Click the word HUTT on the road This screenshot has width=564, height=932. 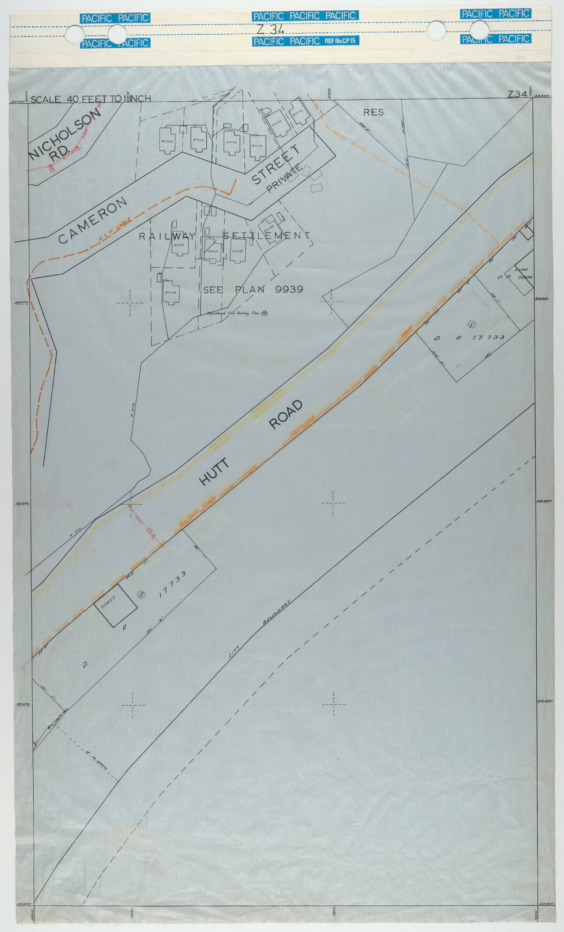pyautogui.click(x=214, y=471)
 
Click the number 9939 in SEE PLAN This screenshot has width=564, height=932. pyautogui.click(x=289, y=289)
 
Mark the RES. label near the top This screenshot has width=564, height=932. pyautogui.click(x=374, y=112)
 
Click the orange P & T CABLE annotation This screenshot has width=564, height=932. pyautogui.click(x=113, y=234)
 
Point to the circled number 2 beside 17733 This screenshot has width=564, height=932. pyautogui.click(x=141, y=593)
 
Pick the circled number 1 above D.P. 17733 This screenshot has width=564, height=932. pyautogui.click(x=471, y=324)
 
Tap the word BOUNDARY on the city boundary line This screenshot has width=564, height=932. pyautogui.click(x=276, y=612)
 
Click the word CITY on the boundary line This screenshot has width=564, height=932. pyautogui.click(x=234, y=651)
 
